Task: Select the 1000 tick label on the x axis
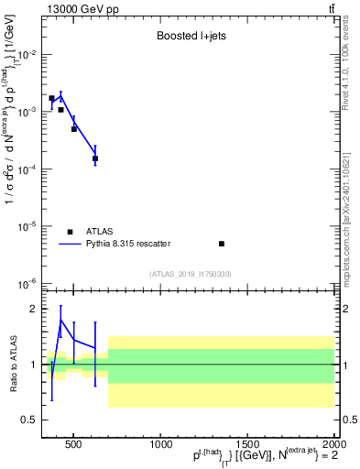(161, 444)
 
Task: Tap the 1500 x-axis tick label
(247, 444)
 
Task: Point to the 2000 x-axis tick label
(334, 444)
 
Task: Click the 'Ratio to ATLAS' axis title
(11, 365)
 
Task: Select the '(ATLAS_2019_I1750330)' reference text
(190, 274)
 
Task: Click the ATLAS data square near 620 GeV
(95, 158)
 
